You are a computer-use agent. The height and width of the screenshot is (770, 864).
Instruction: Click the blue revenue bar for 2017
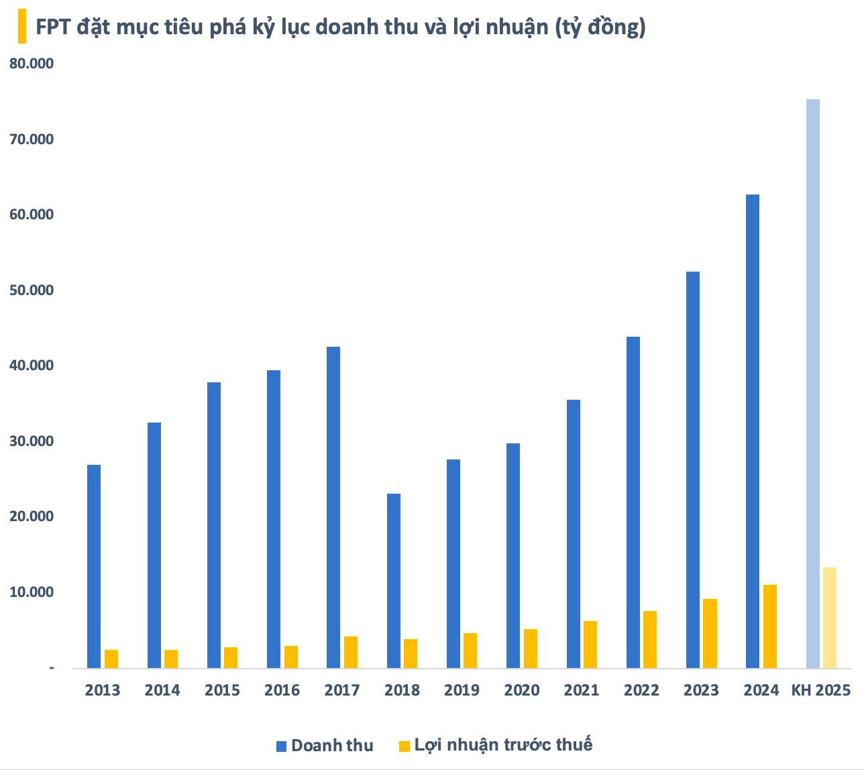click(333, 507)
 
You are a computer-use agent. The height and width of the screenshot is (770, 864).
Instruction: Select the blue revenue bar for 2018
click(394, 581)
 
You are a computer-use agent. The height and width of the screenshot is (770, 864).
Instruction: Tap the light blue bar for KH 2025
click(812, 384)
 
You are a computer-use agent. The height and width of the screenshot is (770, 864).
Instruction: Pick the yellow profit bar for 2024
click(769, 626)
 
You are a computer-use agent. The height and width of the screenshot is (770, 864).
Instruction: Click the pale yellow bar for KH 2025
click(830, 618)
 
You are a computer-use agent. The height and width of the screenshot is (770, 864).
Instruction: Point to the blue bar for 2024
click(752, 431)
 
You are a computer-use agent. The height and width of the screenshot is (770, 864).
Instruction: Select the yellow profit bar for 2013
click(111, 659)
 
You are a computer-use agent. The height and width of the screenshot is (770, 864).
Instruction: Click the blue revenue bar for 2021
click(573, 534)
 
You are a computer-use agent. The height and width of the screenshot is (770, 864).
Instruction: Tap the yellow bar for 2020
click(530, 649)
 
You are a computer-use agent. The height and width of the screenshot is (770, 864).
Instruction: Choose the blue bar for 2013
click(94, 566)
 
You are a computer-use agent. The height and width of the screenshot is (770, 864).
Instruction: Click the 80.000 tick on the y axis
click(31, 64)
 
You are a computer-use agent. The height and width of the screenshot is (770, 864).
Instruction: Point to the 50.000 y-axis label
click(31, 290)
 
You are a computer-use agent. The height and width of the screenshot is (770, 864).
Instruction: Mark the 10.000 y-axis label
click(31, 592)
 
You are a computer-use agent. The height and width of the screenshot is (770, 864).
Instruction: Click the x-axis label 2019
click(462, 690)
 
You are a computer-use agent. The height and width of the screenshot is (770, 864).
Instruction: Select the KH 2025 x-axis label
click(820, 690)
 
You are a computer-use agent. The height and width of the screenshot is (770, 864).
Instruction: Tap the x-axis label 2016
click(282, 690)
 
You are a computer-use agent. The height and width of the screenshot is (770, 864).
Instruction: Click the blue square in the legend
click(282, 746)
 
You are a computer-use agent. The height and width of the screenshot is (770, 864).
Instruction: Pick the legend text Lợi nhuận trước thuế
click(503, 745)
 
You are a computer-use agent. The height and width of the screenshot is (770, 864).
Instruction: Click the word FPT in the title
click(54, 27)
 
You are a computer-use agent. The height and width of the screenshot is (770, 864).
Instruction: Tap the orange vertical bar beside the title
click(22, 27)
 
